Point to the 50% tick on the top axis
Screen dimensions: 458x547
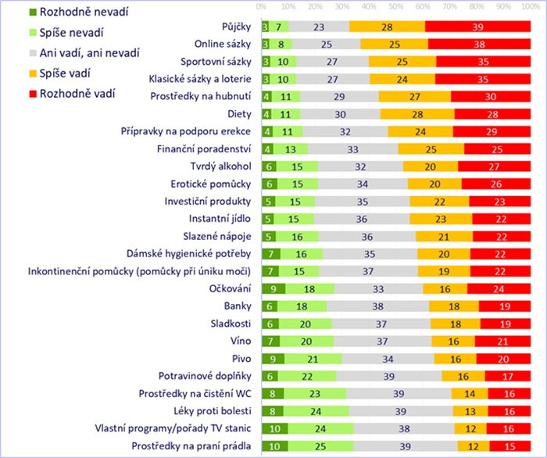point(396,6)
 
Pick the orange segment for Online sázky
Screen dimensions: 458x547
point(391,45)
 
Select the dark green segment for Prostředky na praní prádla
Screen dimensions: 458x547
point(275,445)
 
